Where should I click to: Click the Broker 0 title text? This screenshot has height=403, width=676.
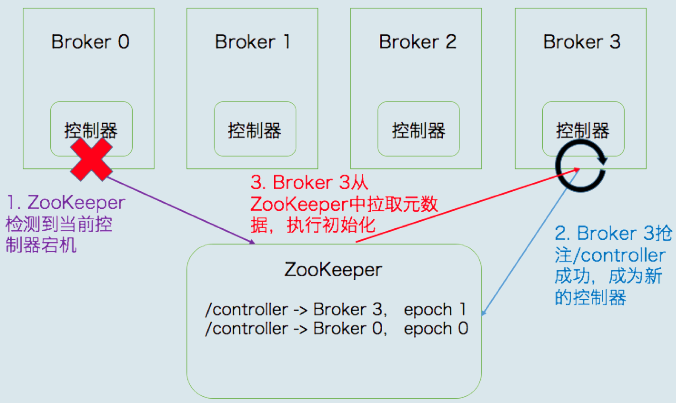point(90,42)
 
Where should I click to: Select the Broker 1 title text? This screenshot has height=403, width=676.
point(253,42)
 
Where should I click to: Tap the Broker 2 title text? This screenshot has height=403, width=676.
point(418,42)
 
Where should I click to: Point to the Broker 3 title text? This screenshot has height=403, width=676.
point(582,42)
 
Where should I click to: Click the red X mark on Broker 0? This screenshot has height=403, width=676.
point(92,159)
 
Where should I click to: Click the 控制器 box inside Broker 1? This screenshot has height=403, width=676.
point(255,129)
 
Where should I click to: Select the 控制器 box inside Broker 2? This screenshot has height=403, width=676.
point(418,129)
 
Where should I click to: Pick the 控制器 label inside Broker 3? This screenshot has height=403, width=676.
point(583,131)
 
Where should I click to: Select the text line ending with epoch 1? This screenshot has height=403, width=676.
point(335,309)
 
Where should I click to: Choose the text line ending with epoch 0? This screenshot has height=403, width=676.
point(336,328)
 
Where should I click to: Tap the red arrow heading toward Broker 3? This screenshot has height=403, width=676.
point(468,205)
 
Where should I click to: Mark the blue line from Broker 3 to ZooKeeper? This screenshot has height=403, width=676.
point(530,242)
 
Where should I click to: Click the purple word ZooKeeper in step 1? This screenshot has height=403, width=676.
point(76,202)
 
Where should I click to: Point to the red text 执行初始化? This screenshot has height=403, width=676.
point(331,225)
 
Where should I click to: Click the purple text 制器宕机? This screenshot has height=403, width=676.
point(41,245)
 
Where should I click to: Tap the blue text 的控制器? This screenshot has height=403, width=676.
point(590,298)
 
